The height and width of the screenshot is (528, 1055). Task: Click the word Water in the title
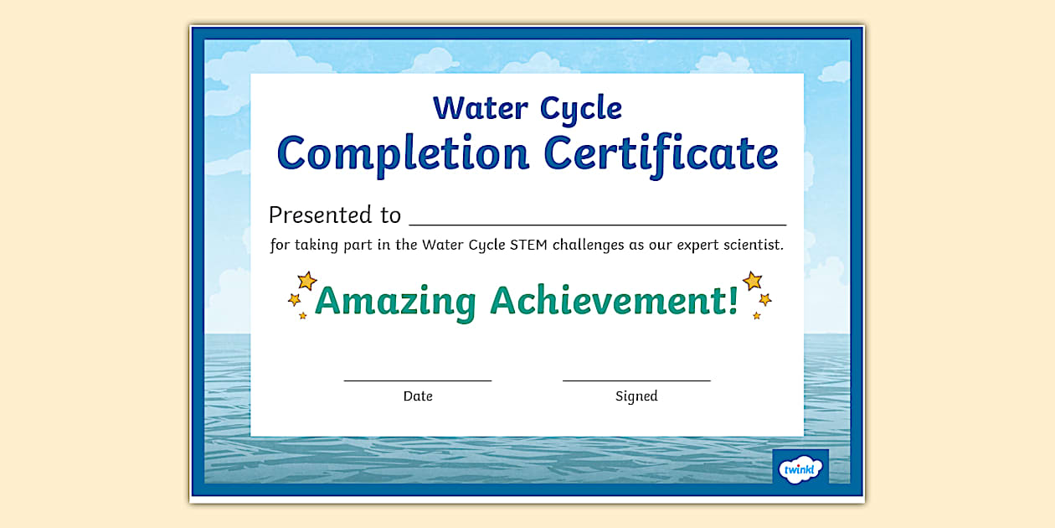click(x=480, y=108)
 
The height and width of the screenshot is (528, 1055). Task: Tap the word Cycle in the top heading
click(x=580, y=109)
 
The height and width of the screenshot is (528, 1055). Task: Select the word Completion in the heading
click(x=403, y=153)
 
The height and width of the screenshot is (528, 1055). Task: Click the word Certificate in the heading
click(x=661, y=153)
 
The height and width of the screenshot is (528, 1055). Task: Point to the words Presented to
click(x=335, y=215)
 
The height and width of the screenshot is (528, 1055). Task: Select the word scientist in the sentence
click(x=751, y=246)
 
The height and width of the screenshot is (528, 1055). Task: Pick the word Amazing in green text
click(x=396, y=301)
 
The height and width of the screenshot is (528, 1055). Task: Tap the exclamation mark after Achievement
click(x=733, y=301)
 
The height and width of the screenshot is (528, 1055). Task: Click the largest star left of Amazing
click(x=307, y=281)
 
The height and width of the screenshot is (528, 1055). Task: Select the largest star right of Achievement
click(x=752, y=280)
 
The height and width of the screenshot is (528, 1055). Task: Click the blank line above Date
click(x=417, y=380)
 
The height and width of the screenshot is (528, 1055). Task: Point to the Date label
click(x=418, y=396)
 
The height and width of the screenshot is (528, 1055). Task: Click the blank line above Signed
click(x=636, y=380)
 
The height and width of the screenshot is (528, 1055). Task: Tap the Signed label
click(x=636, y=396)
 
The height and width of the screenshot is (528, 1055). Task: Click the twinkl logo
click(x=800, y=468)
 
